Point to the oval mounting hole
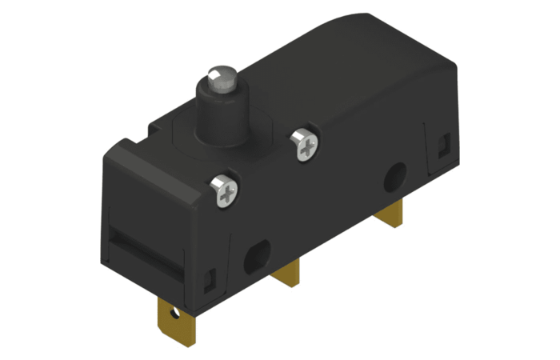tap(258, 256)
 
